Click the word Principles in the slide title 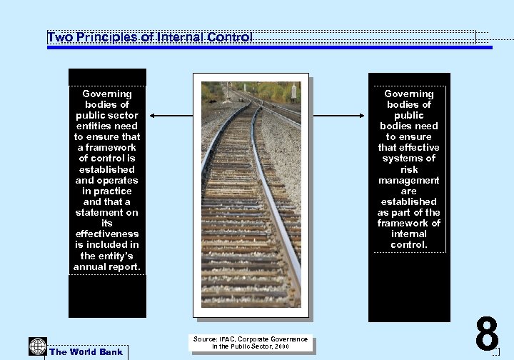coord(105,36)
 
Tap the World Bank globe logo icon coord(37,346)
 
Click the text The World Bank coord(86,351)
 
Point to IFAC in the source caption coord(226,339)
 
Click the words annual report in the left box coord(107,266)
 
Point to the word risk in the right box coord(409,169)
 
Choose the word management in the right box coord(409,180)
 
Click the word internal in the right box coord(409,234)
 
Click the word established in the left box coord(107,169)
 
